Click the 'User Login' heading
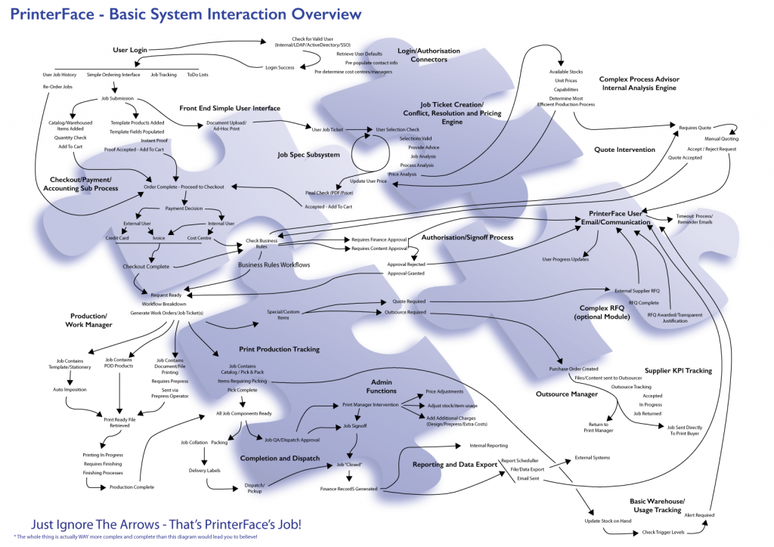(x=129, y=50)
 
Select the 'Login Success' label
(x=280, y=68)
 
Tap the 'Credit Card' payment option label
(x=119, y=238)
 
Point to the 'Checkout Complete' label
(x=146, y=266)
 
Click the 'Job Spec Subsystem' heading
(x=308, y=154)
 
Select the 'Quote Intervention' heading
(x=625, y=150)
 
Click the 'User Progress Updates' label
(x=566, y=259)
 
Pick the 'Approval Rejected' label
(x=405, y=264)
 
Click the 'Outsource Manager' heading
(x=566, y=394)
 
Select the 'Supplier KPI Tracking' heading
(x=678, y=371)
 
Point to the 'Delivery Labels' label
(x=204, y=470)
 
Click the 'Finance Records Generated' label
(x=348, y=489)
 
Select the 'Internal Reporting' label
(x=488, y=446)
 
